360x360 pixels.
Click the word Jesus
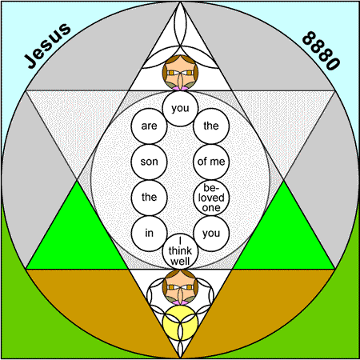point(47,46)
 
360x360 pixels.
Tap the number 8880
point(321,50)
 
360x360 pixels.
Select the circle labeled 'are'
point(149,126)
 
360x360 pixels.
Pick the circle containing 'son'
point(149,162)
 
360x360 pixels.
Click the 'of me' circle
point(211,162)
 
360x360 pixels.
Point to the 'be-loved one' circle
point(211,198)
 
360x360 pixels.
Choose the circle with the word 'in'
point(149,234)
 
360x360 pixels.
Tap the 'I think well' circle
point(180,251)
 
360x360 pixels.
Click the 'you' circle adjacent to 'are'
point(180,108)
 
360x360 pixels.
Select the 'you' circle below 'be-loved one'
point(211,234)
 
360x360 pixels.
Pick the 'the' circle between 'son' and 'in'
point(149,198)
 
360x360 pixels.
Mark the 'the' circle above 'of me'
point(211,126)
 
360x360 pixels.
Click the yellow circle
point(180,322)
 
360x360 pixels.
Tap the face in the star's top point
point(180,73)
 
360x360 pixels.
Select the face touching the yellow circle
point(180,287)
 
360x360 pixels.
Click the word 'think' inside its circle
point(180,251)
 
